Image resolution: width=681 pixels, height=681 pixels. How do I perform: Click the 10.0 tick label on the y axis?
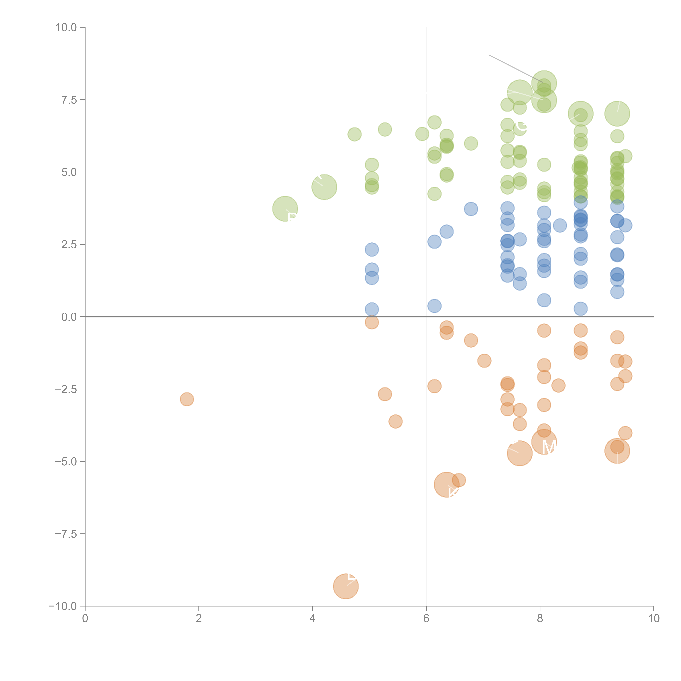(x=66, y=28)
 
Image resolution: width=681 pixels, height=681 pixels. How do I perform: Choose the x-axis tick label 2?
(x=199, y=619)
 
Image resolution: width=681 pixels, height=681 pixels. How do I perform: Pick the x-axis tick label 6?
(x=426, y=619)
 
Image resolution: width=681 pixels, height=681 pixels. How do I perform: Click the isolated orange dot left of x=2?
(x=187, y=399)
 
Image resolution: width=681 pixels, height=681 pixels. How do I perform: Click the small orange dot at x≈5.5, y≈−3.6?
(x=396, y=421)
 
